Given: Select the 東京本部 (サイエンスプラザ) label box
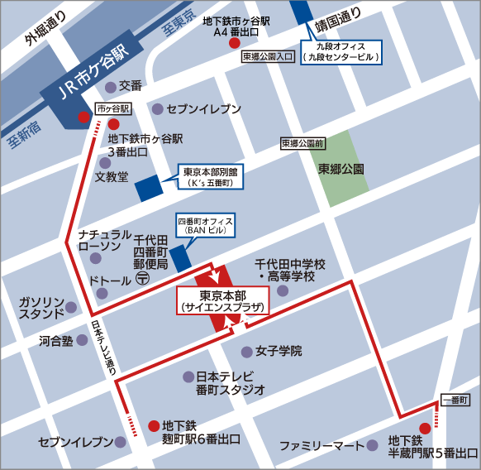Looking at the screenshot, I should pyautogui.click(x=221, y=300).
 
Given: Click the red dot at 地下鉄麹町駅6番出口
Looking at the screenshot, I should pyautogui.click(x=153, y=427).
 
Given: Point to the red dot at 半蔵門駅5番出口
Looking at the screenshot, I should pyautogui.click(x=425, y=428).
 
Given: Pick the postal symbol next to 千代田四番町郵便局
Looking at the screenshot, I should pyautogui.click(x=142, y=280).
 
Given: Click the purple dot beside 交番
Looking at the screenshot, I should pyautogui.click(x=108, y=85).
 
